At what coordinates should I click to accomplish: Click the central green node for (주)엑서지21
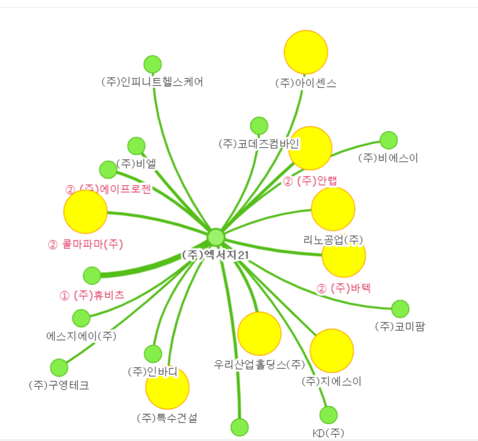pos(216,237)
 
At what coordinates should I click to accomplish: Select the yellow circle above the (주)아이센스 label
pos(306,52)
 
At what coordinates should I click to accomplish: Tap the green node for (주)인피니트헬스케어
pos(152,64)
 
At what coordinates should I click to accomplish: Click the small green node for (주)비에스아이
pos(388,140)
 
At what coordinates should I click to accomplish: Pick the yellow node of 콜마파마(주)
pos(85,212)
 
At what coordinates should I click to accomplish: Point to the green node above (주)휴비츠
pos(92,275)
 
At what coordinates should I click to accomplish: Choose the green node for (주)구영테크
pos(59,367)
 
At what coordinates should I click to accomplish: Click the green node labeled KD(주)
pos(329,415)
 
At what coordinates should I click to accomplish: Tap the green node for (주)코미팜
pos(400,309)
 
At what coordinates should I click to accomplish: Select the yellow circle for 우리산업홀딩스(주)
pos(259,333)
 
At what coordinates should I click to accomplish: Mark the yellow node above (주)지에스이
pos(332,351)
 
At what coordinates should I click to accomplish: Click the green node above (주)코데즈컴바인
pos(259,126)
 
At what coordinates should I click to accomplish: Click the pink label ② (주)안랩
pos(311,181)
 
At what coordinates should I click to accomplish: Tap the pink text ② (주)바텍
pos(344,288)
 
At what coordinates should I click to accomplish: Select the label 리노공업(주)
pos(333,240)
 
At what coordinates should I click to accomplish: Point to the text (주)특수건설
pos(167,418)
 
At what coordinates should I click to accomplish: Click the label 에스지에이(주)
pos(81,336)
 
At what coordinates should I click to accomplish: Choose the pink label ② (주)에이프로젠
pos(108,190)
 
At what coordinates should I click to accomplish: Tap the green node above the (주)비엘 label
pos(137,146)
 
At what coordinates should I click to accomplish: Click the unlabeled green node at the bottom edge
pos(239,427)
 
